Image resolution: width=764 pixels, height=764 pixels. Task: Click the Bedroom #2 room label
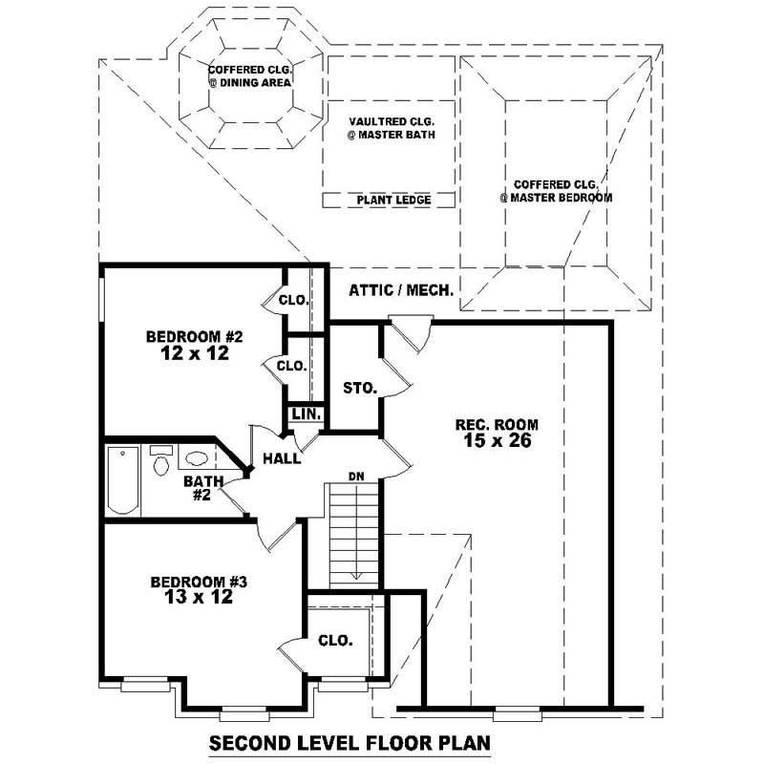(x=196, y=336)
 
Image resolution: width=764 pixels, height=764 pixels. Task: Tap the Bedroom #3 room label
(x=200, y=582)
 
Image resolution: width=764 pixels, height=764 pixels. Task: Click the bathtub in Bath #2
(x=121, y=479)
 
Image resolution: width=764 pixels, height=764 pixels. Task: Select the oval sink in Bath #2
(x=197, y=457)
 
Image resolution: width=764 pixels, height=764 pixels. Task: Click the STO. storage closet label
(x=360, y=389)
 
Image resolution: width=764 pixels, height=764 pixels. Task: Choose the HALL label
(x=284, y=459)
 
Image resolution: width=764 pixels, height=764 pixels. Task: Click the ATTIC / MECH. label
(x=401, y=290)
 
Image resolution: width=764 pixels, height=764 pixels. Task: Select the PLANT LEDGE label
(x=393, y=201)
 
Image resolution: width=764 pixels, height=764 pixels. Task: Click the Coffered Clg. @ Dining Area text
(x=250, y=75)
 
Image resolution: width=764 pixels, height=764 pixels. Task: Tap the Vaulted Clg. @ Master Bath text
(x=392, y=128)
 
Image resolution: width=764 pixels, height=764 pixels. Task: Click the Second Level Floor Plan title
(x=350, y=743)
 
